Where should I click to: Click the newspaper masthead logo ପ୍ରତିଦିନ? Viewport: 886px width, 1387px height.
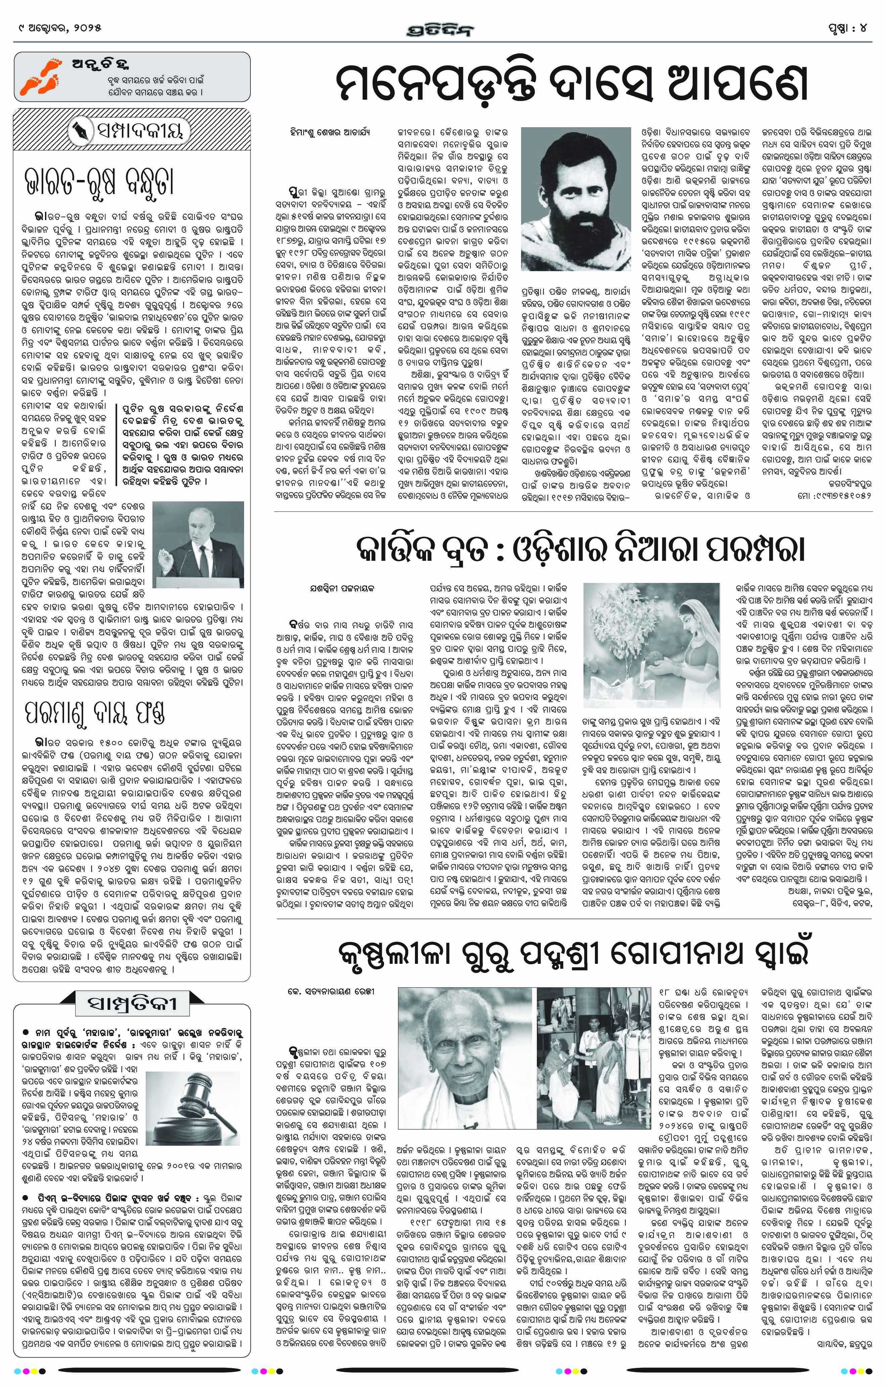pyautogui.click(x=442, y=29)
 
